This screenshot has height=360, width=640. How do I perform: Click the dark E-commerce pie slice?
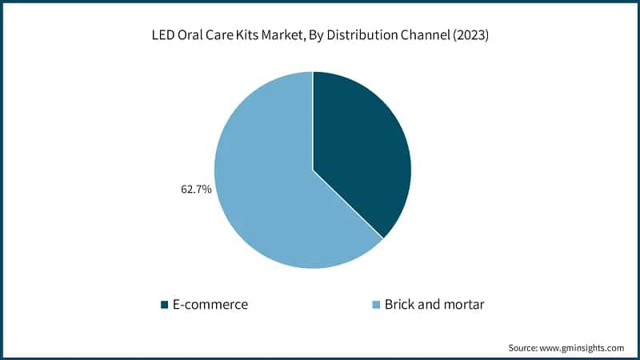pos(360,152)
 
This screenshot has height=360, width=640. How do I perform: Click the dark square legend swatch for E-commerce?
pos(165,305)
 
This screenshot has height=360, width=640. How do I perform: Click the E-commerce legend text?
pos(210,305)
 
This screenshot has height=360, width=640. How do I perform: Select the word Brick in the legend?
pos(399,305)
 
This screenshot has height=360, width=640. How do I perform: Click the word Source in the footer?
pos(525,348)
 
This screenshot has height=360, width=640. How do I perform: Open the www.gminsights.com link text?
pos(585,348)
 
